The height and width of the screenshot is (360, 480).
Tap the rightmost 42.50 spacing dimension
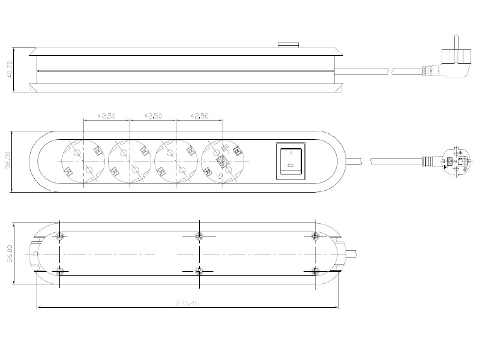(x=199, y=116)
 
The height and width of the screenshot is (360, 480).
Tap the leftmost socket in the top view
(x=83, y=161)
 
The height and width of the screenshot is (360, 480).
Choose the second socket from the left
(x=129, y=161)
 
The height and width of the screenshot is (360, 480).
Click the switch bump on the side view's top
(x=289, y=44)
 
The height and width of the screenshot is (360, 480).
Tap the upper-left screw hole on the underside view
(x=59, y=235)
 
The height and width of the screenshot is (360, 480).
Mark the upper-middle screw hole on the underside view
(x=199, y=235)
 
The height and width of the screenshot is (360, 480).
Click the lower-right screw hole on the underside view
(x=316, y=271)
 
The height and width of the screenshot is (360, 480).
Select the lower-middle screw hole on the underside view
(x=199, y=271)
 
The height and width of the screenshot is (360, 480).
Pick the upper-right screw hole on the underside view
(x=316, y=235)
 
